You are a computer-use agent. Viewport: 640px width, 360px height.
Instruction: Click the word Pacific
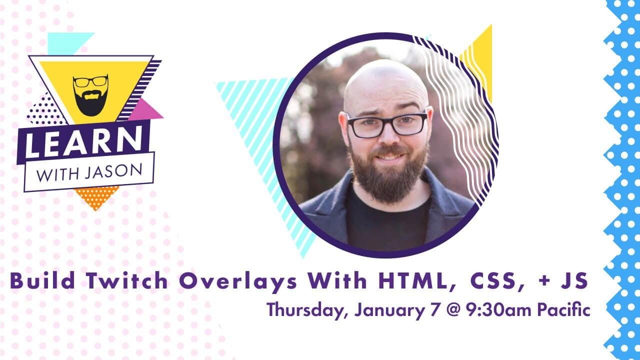pos(563,310)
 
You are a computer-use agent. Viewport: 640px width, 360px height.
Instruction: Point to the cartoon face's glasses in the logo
pos(90,81)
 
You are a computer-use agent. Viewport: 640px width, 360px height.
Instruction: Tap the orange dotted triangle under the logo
pos(96,196)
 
